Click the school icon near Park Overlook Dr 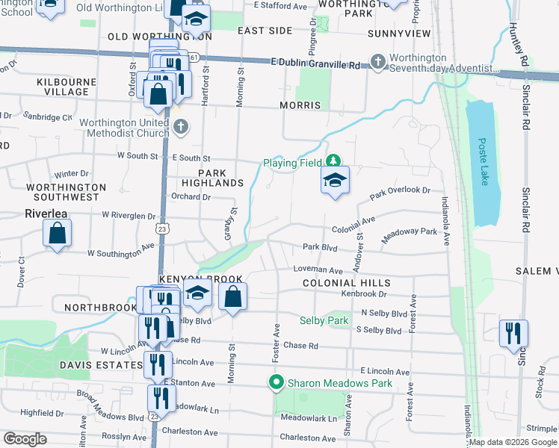[335, 180]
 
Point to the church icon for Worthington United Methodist [180, 128]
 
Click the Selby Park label [324, 320]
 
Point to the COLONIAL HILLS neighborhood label [347, 284]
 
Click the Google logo [25, 439]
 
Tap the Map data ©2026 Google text [511, 443]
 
